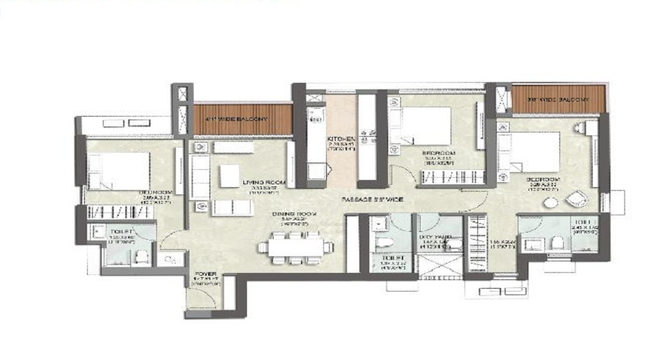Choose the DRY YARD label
point(436,238)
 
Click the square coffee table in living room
point(230,175)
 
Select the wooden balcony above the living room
point(243,119)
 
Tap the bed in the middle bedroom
point(426,126)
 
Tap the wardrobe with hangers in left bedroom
point(119,212)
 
